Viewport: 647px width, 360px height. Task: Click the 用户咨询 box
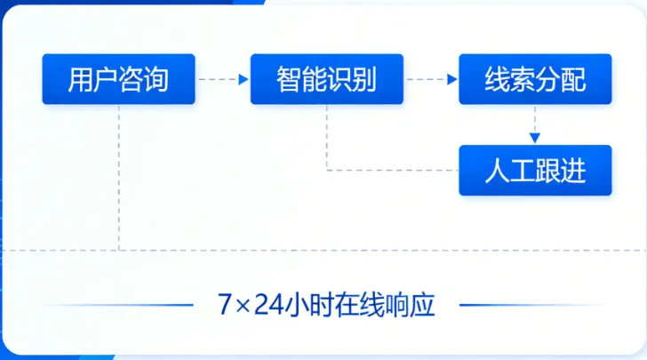pyautogui.click(x=118, y=79)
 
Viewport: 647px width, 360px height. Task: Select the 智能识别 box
pyautogui.click(x=326, y=79)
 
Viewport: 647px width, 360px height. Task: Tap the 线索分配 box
pyautogui.click(x=535, y=79)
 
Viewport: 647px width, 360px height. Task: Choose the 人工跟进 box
pyautogui.click(x=535, y=170)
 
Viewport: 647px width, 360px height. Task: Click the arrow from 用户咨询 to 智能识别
pyautogui.click(x=222, y=79)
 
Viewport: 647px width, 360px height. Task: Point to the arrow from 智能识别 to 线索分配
pyautogui.click(x=431, y=79)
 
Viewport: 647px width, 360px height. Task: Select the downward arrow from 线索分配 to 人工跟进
pyautogui.click(x=535, y=124)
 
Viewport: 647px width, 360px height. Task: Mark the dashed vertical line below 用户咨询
pyautogui.click(x=118, y=178)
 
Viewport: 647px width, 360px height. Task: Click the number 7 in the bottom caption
pyautogui.click(x=224, y=305)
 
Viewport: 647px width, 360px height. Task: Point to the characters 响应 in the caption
pyautogui.click(x=408, y=305)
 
